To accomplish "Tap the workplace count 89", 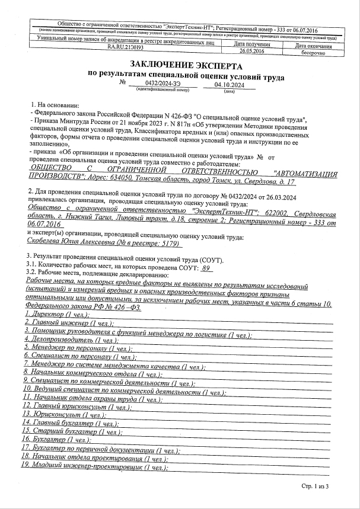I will click(x=206, y=268).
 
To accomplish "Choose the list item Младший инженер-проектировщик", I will click(x=88, y=468).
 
